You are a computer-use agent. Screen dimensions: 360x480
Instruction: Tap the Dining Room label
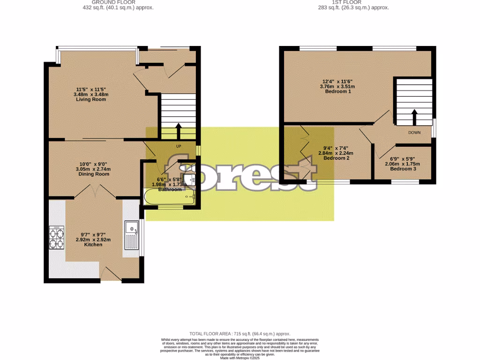point(94,174)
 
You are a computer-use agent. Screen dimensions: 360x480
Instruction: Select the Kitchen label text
point(93,245)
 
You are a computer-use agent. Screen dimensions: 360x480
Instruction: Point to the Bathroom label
point(170,189)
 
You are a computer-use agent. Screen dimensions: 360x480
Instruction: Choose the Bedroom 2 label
point(336,158)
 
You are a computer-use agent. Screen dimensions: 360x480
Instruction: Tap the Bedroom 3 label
point(403,169)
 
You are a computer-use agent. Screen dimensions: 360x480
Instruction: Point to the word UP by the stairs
point(178,146)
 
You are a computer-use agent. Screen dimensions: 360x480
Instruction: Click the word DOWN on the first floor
point(414,133)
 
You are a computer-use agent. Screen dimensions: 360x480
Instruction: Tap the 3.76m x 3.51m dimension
point(337,86)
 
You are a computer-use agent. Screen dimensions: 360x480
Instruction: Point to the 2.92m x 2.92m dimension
point(93,240)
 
